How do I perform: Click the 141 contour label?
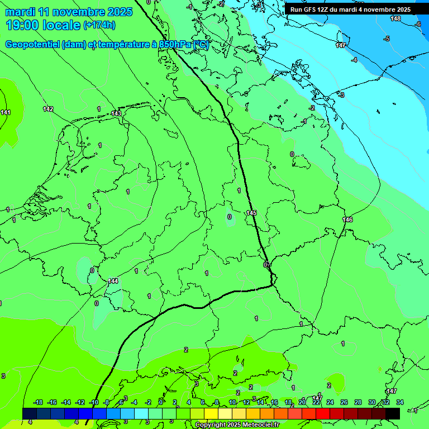pyautogui.click(x=6, y=113)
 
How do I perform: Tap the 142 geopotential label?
pyautogui.click(x=49, y=109)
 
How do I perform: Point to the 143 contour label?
pyautogui.click(x=116, y=113)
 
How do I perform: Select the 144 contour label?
pyautogui.click(x=113, y=281)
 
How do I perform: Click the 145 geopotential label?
pyautogui.click(x=251, y=213)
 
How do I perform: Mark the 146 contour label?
pyautogui.click(x=347, y=220)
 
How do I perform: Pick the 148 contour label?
pyautogui.click(x=395, y=19)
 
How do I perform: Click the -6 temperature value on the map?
pyautogui.click(x=418, y=24)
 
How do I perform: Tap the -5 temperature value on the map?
pyautogui.click(x=386, y=39)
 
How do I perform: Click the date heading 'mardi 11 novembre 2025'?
pyautogui.click(x=69, y=12)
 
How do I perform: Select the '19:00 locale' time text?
pyautogui.click(x=42, y=25)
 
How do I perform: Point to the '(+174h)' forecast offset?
pyautogui.click(x=99, y=25)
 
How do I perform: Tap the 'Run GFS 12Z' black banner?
pyautogui.click(x=350, y=9)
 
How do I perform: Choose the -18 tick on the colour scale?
pyautogui.click(x=38, y=402)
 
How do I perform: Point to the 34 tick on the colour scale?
pyautogui.click(x=399, y=402)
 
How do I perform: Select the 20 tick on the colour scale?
pyautogui.click(x=302, y=402)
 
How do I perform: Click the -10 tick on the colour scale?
pyautogui.click(x=93, y=402)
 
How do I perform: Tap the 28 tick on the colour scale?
pyautogui.click(x=358, y=402)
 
